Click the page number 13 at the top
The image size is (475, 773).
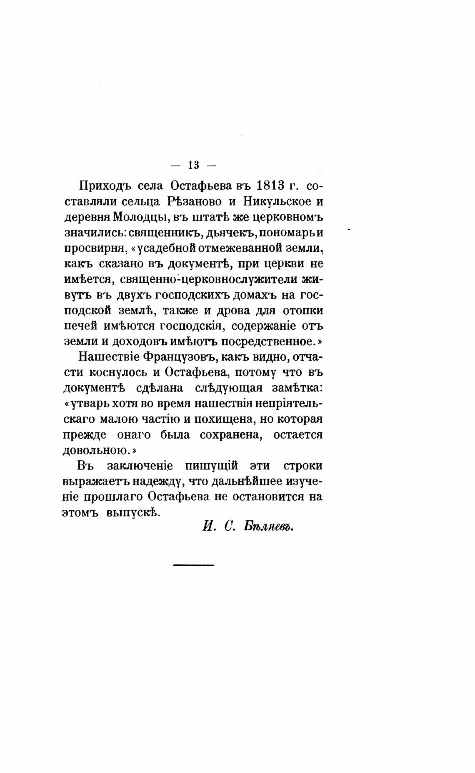tap(194, 165)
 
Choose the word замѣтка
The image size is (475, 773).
tap(297, 388)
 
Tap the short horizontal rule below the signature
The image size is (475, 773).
tap(193, 565)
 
